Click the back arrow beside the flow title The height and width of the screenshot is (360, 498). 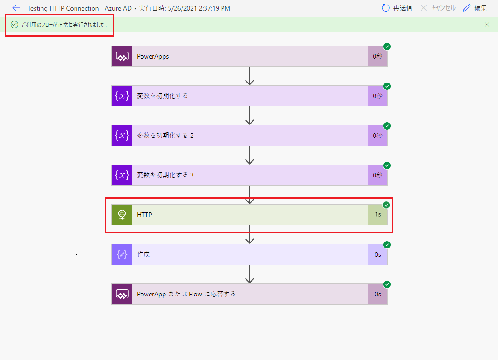coord(16,8)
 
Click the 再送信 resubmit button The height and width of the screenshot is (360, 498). coord(397,8)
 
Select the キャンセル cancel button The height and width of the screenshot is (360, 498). coord(438,8)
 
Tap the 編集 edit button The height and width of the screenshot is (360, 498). coord(475,8)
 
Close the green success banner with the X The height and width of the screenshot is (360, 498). coord(487,24)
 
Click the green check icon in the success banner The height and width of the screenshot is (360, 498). coord(14,24)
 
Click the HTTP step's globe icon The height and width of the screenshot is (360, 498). coord(122,215)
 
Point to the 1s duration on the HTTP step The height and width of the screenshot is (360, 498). coord(378,215)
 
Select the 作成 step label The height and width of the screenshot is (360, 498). coord(143,254)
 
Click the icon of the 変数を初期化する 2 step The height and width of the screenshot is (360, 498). coord(122,136)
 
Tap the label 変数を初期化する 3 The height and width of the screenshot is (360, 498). coord(165,175)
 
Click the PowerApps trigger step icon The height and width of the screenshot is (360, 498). coord(122,56)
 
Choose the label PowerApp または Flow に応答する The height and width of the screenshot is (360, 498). coord(186,294)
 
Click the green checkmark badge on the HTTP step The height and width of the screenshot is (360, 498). coord(387,205)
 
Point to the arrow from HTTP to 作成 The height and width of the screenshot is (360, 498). coord(250,235)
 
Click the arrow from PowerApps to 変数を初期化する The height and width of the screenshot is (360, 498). coord(250,76)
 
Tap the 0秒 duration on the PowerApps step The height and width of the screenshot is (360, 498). coord(378,56)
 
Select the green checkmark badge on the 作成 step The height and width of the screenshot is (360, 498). coord(387,245)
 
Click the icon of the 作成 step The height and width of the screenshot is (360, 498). coord(122,254)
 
